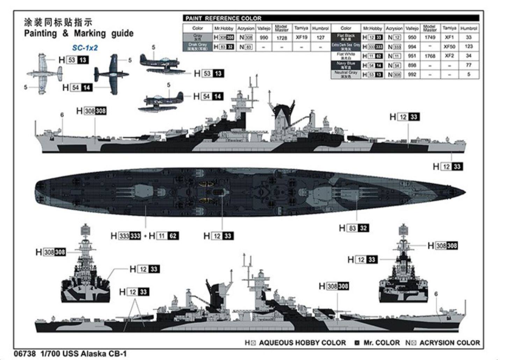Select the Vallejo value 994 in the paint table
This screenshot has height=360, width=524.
pos(412,46)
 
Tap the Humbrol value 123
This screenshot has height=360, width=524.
pos(468,46)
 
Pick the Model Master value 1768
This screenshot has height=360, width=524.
pos(430,56)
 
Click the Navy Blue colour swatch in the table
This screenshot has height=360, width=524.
pos(345,65)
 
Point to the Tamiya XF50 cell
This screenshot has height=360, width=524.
pos(449,46)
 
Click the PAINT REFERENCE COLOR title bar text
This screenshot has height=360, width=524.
pos(223,18)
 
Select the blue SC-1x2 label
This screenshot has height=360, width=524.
pos(85,48)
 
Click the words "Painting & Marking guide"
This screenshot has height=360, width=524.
pos(79,34)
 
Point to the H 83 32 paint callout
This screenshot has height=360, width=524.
pos(354,228)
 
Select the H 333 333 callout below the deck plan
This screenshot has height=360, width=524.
pos(126,236)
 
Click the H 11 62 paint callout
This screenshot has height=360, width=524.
pos(163,236)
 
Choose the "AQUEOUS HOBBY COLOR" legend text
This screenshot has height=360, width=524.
pos(302,343)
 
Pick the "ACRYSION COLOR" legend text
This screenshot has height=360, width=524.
pos(450,343)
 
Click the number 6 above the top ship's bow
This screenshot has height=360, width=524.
pos(62,115)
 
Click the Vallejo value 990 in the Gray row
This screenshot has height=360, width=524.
pos(264,37)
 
